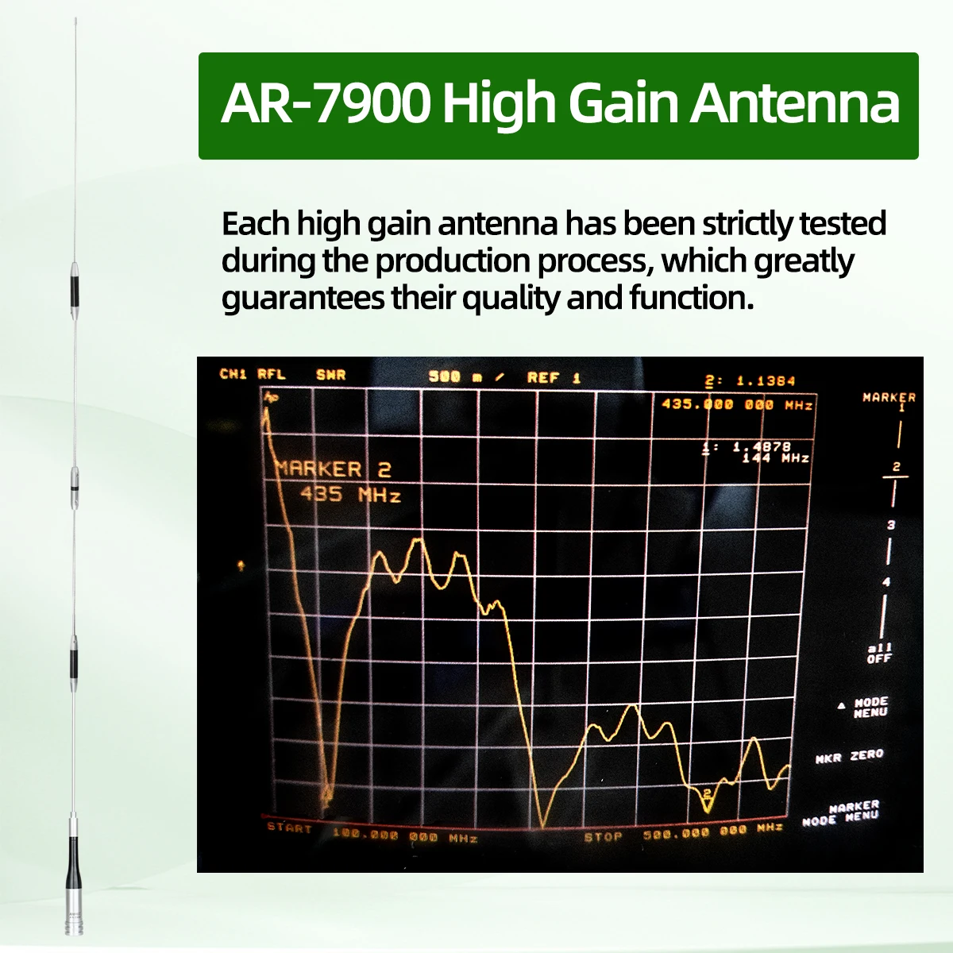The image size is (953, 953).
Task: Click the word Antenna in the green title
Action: coord(794,104)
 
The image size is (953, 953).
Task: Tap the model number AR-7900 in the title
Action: coord(325,104)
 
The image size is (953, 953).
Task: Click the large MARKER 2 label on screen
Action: coord(334,469)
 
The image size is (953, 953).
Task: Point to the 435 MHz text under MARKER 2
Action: coord(350,495)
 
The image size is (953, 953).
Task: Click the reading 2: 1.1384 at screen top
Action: coord(750,381)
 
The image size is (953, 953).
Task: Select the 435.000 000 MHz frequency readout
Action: coord(737,405)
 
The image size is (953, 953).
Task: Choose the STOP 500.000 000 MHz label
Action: coord(683,833)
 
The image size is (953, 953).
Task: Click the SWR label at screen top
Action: coord(330,375)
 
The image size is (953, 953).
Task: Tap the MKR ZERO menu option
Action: coord(849,756)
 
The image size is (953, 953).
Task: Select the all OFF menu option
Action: coord(879,653)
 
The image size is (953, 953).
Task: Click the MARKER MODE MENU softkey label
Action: coord(841,813)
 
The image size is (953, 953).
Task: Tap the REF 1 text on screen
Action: coord(554,378)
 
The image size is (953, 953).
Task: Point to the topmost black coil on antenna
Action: coord(71,287)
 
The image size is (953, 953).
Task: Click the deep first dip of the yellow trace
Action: coord(326,798)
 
